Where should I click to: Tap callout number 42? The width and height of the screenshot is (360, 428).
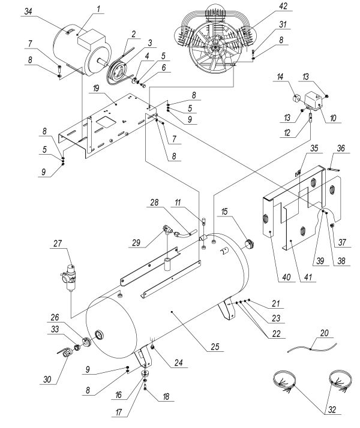pyautogui.click(x=266, y=7)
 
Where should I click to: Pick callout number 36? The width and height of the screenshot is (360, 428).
pyautogui.click(x=341, y=147)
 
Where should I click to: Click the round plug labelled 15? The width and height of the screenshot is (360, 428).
pyautogui.click(x=248, y=243)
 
